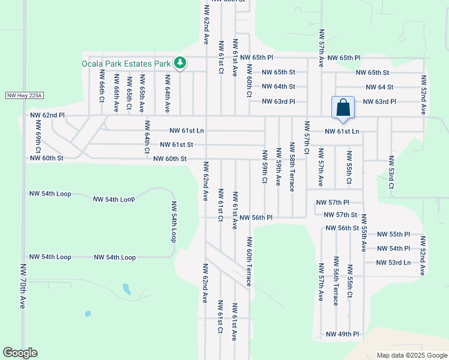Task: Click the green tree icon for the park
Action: coord(179,63)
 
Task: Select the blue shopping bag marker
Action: coord(343,108)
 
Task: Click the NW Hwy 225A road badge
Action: coord(25,95)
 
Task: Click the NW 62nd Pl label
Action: coord(47,114)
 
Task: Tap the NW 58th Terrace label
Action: coord(292,167)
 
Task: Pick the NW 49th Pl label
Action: coord(342,334)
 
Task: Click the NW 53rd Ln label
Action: coord(393,262)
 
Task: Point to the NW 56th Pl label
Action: coord(256,217)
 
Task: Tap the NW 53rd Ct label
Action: coord(391,173)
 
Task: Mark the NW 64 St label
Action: coord(378,87)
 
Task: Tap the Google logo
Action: coord(20,353)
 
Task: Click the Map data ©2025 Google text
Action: coord(411,355)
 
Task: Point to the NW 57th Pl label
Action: coord(341,203)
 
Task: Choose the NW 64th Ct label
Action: coord(146,137)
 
